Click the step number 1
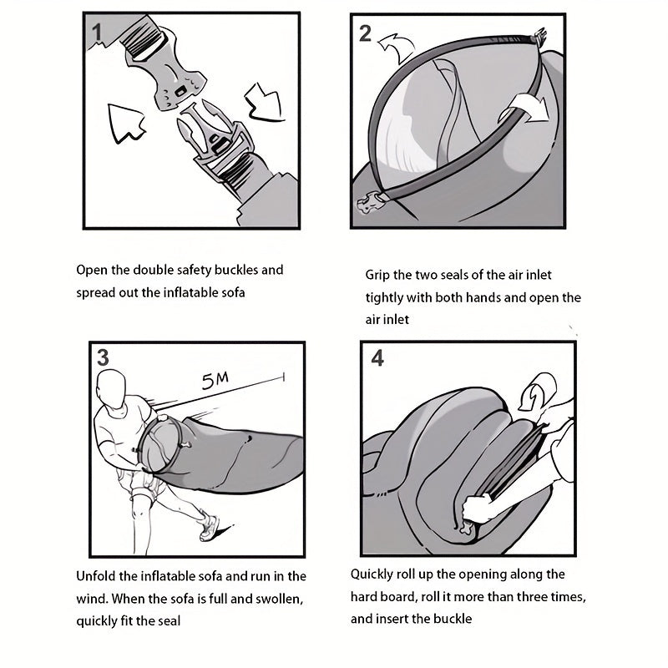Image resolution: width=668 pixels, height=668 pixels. coord(98,33)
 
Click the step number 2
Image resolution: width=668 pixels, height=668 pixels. coord(365,33)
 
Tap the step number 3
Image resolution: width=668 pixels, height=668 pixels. coord(103,357)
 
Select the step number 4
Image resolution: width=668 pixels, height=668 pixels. coord(377,358)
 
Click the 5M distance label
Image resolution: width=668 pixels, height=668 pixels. coord(215,381)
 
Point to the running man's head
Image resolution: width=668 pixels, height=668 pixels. coord(111,388)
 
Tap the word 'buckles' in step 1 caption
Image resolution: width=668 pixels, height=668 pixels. coord(236,270)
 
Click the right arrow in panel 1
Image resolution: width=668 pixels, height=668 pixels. coord(264,103)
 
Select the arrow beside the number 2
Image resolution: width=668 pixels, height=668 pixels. coord(397,48)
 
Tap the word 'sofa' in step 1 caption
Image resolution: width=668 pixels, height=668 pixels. coord(234,293)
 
